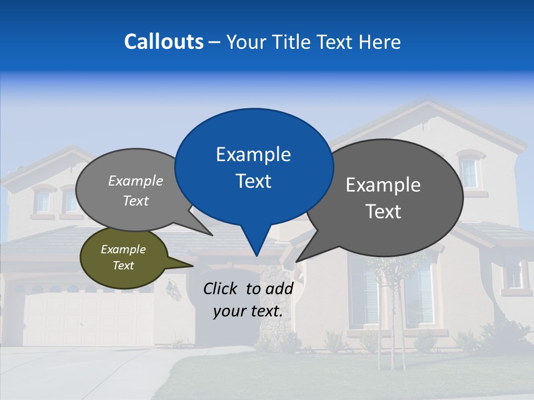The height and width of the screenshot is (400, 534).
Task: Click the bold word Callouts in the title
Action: (164, 42)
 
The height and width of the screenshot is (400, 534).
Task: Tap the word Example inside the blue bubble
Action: (254, 154)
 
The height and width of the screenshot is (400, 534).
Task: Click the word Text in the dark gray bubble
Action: (383, 212)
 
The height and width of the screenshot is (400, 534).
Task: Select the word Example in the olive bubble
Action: (123, 249)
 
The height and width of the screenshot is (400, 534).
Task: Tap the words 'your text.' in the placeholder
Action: (248, 311)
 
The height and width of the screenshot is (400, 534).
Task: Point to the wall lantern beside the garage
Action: (174, 289)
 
